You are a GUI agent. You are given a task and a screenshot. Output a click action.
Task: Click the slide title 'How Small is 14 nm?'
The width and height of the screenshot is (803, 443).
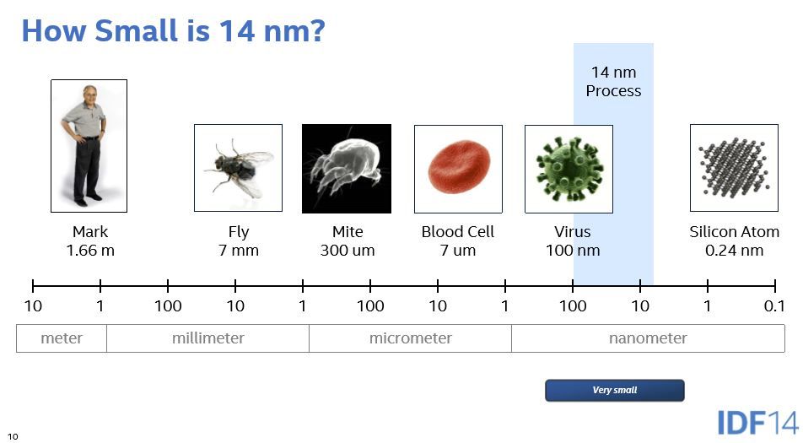[173, 30]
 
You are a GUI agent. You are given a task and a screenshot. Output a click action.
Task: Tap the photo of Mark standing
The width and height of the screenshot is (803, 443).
[89, 146]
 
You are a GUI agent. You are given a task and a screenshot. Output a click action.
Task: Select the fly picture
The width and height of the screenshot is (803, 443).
[238, 168]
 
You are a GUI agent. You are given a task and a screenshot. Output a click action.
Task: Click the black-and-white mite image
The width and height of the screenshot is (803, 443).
[347, 169]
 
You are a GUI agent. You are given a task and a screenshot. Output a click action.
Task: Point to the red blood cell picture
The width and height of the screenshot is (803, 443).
[458, 169]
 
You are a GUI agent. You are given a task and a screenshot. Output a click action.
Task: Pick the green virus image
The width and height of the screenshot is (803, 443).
[569, 169]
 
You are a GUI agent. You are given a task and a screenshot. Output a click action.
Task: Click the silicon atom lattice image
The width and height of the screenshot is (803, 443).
[735, 168]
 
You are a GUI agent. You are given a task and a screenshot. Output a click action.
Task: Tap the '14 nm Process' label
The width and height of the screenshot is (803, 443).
[613, 82]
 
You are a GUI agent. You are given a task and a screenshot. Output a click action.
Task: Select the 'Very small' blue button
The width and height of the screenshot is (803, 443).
[615, 390]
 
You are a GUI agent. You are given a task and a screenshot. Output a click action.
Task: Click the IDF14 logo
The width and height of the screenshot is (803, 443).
[758, 423]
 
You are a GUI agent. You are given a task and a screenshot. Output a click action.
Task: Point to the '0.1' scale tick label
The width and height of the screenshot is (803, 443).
[774, 306]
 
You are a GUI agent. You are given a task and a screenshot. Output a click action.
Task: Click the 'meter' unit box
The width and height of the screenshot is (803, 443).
[62, 338]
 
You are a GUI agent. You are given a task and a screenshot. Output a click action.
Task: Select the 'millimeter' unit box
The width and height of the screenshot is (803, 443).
[207, 338]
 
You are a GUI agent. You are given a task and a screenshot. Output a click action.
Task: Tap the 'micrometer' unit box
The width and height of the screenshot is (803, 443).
[410, 338]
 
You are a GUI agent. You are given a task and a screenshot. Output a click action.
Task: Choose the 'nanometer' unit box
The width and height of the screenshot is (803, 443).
[648, 338]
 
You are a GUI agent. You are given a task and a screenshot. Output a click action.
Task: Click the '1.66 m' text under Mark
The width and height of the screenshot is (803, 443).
[90, 251]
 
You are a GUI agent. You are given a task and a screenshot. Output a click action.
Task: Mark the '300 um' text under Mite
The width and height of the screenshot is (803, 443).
[348, 251]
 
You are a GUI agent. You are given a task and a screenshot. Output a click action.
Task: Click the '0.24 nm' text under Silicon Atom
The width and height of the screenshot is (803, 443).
[735, 251]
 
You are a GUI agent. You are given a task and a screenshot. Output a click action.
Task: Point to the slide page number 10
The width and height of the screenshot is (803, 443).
[13, 436]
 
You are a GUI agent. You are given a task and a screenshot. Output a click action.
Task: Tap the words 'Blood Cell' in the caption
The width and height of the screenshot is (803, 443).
[458, 231]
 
